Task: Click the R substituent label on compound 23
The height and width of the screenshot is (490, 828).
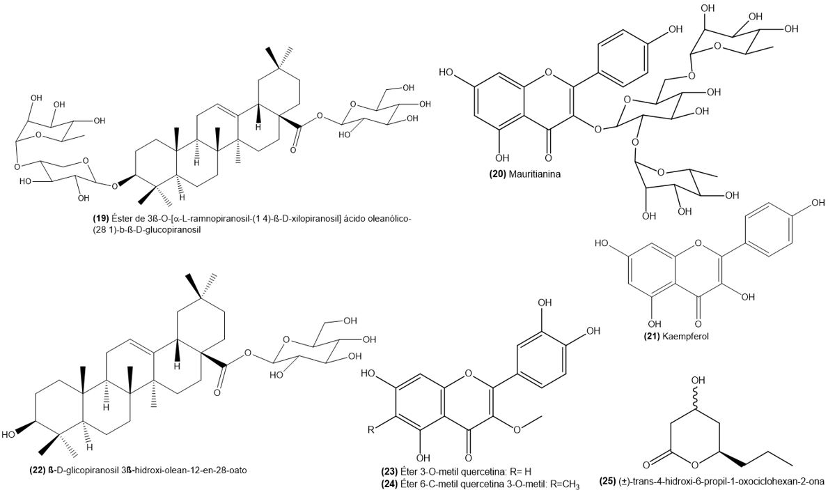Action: pos(371,429)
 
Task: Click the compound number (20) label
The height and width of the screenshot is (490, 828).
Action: pos(497,174)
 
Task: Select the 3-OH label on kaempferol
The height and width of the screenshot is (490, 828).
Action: pos(748,297)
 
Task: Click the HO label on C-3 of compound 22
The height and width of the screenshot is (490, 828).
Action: pos(10,434)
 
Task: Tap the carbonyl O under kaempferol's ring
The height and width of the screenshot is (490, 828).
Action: pos(698,323)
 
